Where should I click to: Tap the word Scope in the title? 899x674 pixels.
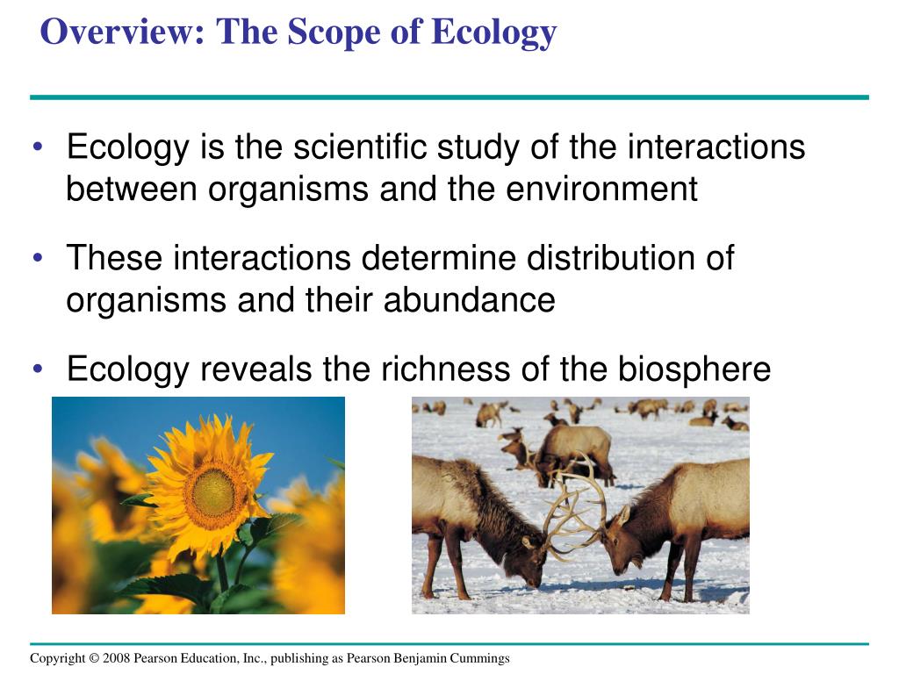(333, 32)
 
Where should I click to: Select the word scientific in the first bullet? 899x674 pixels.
(360, 147)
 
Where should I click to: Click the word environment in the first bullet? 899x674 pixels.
(601, 189)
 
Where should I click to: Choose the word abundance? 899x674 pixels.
(469, 300)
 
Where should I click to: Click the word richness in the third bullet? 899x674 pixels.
(445, 369)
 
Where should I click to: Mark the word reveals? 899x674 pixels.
(255, 369)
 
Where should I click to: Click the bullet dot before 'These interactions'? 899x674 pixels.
(38, 258)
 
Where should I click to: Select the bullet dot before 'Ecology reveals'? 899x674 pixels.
(38, 369)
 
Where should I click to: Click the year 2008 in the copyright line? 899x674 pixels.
(117, 658)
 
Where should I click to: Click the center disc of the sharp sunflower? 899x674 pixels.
(213, 492)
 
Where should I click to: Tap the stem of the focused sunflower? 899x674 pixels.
(222, 573)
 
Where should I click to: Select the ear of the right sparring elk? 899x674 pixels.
(622, 515)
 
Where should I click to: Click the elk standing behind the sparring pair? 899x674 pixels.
(573, 453)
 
